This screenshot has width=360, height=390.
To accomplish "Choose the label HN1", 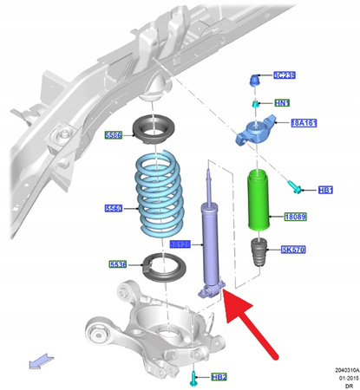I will tap(282, 104).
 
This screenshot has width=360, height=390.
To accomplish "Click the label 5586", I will tap(115, 135).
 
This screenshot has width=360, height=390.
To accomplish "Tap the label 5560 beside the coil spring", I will tap(115, 208).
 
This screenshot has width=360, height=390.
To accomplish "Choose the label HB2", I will tap(219, 377).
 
